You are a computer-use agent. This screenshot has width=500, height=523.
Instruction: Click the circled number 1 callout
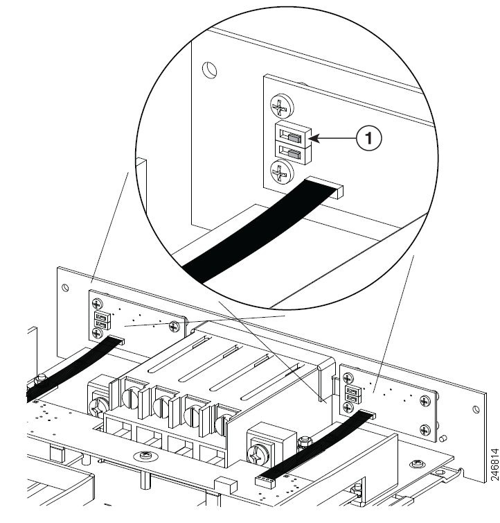tap(369, 138)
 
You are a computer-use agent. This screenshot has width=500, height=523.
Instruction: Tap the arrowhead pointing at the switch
tap(315, 138)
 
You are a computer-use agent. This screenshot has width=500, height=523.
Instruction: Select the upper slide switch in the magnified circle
tap(293, 135)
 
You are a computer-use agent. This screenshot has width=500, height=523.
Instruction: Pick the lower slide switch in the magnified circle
tap(293, 153)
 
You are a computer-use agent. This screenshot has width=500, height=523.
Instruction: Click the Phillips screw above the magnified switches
tap(282, 106)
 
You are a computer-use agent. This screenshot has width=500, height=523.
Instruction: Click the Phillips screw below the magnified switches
tap(282, 172)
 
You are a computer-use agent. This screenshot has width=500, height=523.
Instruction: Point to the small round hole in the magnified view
tap(210, 70)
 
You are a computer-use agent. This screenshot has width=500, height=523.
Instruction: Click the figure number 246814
tap(494, 465)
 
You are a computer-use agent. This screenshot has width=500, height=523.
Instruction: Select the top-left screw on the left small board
tap(97, 304)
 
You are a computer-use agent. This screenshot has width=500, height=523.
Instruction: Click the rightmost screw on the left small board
tap(174, 326)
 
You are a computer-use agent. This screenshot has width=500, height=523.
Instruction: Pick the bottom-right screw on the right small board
tap(425, 429)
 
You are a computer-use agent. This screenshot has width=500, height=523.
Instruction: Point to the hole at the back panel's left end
tap(65, 288)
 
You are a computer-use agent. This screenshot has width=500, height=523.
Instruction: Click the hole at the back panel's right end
tap(476, 409)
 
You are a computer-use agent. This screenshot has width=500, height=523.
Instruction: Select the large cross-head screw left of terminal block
tap(99, 406)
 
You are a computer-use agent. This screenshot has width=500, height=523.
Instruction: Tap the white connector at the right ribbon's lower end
tap(265, 482)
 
